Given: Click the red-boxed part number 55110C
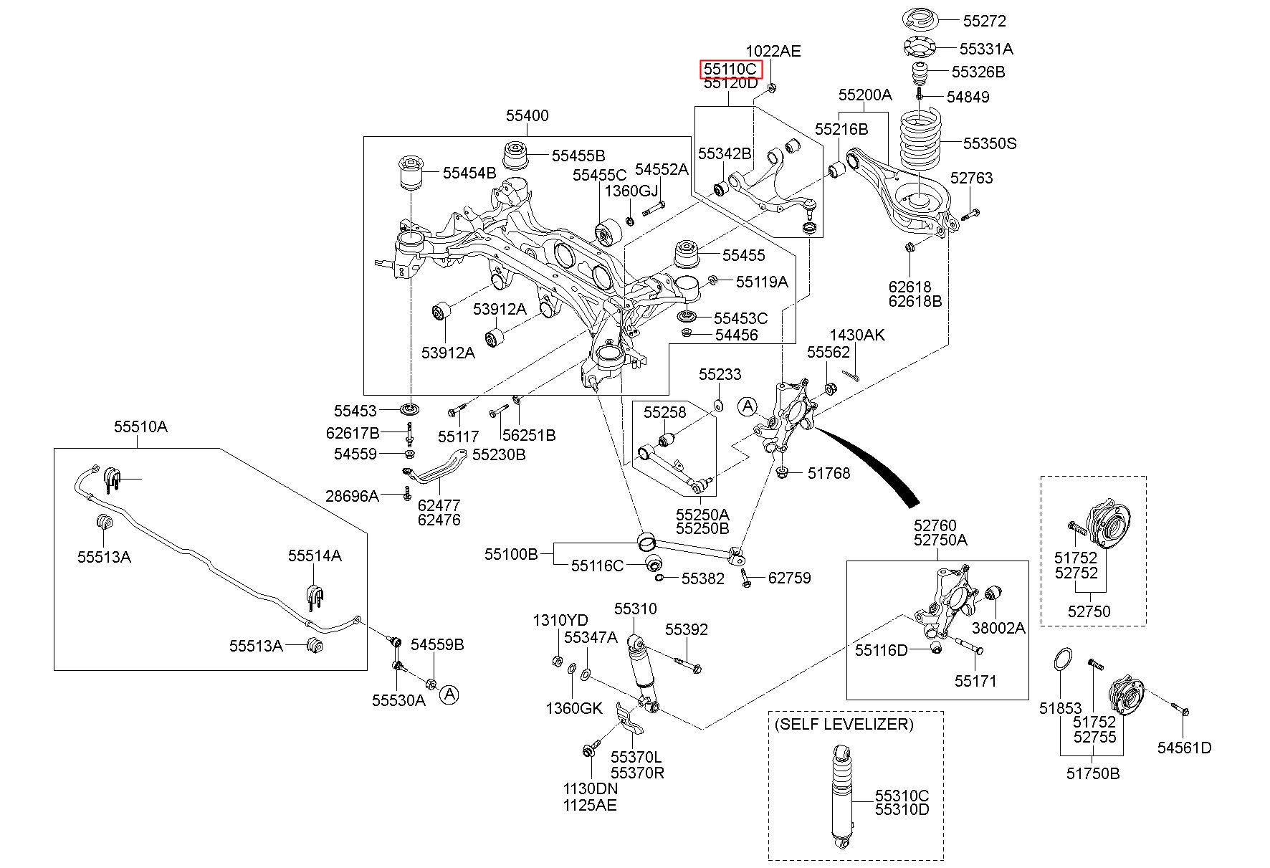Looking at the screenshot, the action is pos(730,69).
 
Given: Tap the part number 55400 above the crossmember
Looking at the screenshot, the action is pos(527,115).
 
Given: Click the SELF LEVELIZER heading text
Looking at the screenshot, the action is pos(844,724).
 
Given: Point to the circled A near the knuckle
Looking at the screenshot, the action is pos(748,406).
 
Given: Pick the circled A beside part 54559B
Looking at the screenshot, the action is pos(449,693).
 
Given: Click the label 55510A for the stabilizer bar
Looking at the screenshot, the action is pos(140,426).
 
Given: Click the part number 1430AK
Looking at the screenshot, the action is pos(857,335).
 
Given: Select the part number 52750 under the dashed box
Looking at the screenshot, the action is pos(1089,611).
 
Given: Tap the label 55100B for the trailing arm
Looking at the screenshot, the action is pos(511,553).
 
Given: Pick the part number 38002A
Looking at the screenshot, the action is pos(998,628).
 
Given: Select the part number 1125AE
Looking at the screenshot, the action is pos(590,804).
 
